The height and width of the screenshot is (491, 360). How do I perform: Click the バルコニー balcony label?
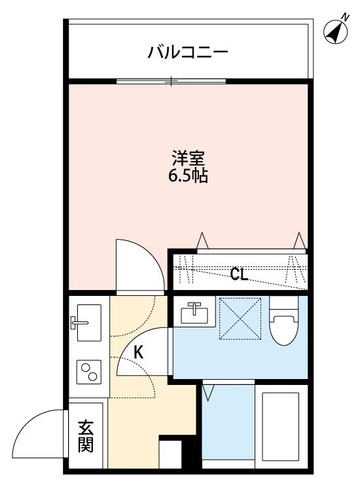coord(188,52)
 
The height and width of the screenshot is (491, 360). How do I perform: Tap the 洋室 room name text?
coord(189,158)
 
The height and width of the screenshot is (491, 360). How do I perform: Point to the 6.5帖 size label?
coord(189,176)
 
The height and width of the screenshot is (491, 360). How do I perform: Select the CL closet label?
coord(239,274)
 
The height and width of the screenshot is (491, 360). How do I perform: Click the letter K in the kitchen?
coord(139,352)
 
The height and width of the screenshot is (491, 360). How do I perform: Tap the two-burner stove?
coord(88,373)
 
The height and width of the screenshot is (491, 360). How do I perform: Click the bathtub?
coord(281,426)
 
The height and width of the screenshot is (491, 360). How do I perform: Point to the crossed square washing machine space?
coord(240,319)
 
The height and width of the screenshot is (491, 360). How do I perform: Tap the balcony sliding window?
coord(171,82)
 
